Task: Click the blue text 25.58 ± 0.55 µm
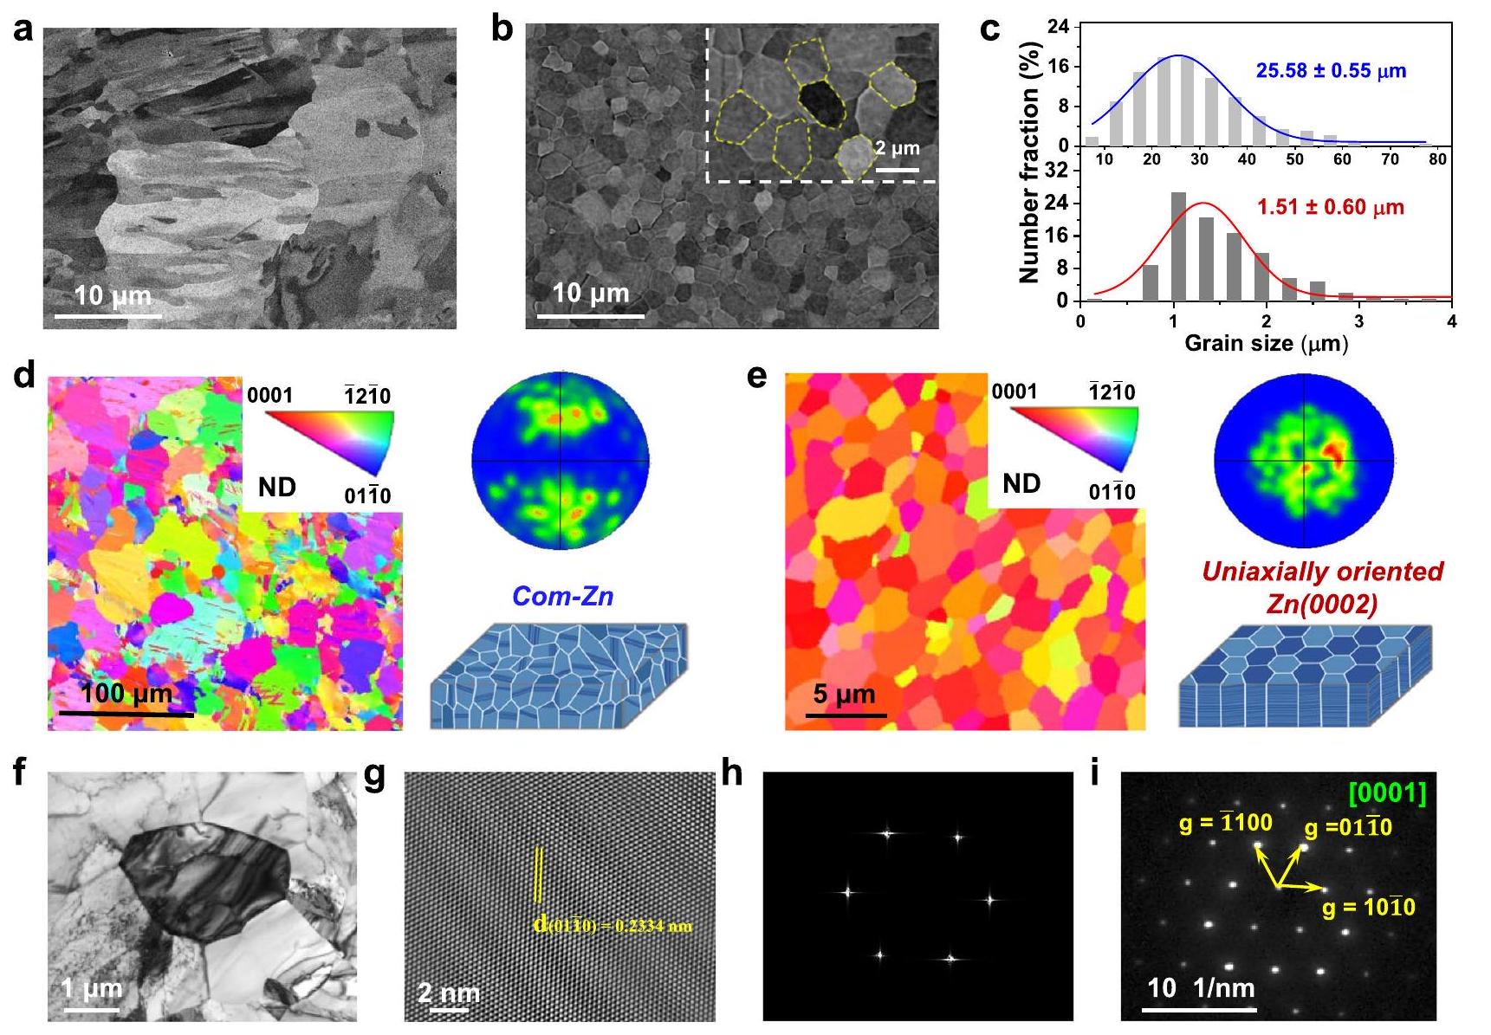tap(1331, 70)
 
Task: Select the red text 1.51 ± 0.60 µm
tap(1331, 207)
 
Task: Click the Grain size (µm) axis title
tap(1266, 343)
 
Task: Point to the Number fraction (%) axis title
tap(1030, 162)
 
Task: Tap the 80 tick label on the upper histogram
tap(1437, 159)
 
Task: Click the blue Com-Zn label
tap(562, 596)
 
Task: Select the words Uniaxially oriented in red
tap(1322, 572)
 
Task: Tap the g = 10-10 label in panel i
tap(1369, 907)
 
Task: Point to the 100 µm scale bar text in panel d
tap(126, 694)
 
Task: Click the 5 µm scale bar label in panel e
tap(844, 694)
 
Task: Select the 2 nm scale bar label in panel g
tap(449, 992)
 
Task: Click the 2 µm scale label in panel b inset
tap(898, 148)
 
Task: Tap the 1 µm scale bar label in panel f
tap(92, 989)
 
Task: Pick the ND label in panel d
tap(277, 488)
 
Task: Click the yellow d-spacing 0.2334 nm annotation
tap(613, 926)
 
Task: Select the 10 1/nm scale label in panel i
tap(1201, 987)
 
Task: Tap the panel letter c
tap(990, 29)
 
